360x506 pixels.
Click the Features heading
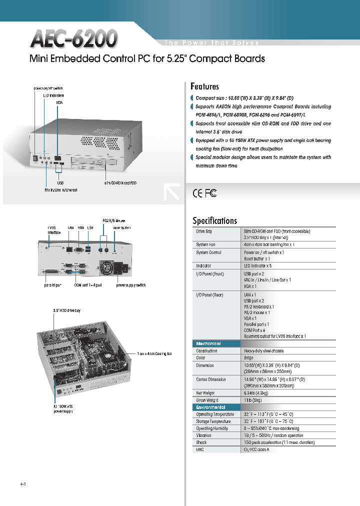coord(204,86)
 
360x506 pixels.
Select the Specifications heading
coord(214,220)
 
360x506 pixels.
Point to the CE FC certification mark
coord(204,193)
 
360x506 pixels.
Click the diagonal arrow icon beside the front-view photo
coord(171,192)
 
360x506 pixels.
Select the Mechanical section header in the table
coord(208,344)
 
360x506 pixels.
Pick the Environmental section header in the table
coord(210,407)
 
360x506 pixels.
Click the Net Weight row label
coord(206,393)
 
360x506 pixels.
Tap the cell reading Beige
coord(248,357)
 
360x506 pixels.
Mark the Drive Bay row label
coord(203,231)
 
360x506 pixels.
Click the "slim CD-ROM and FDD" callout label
coord(120,183)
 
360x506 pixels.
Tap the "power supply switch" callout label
coord(131,285)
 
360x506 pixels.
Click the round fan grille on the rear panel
coord(106,268)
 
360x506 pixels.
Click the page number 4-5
coord(22,484)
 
